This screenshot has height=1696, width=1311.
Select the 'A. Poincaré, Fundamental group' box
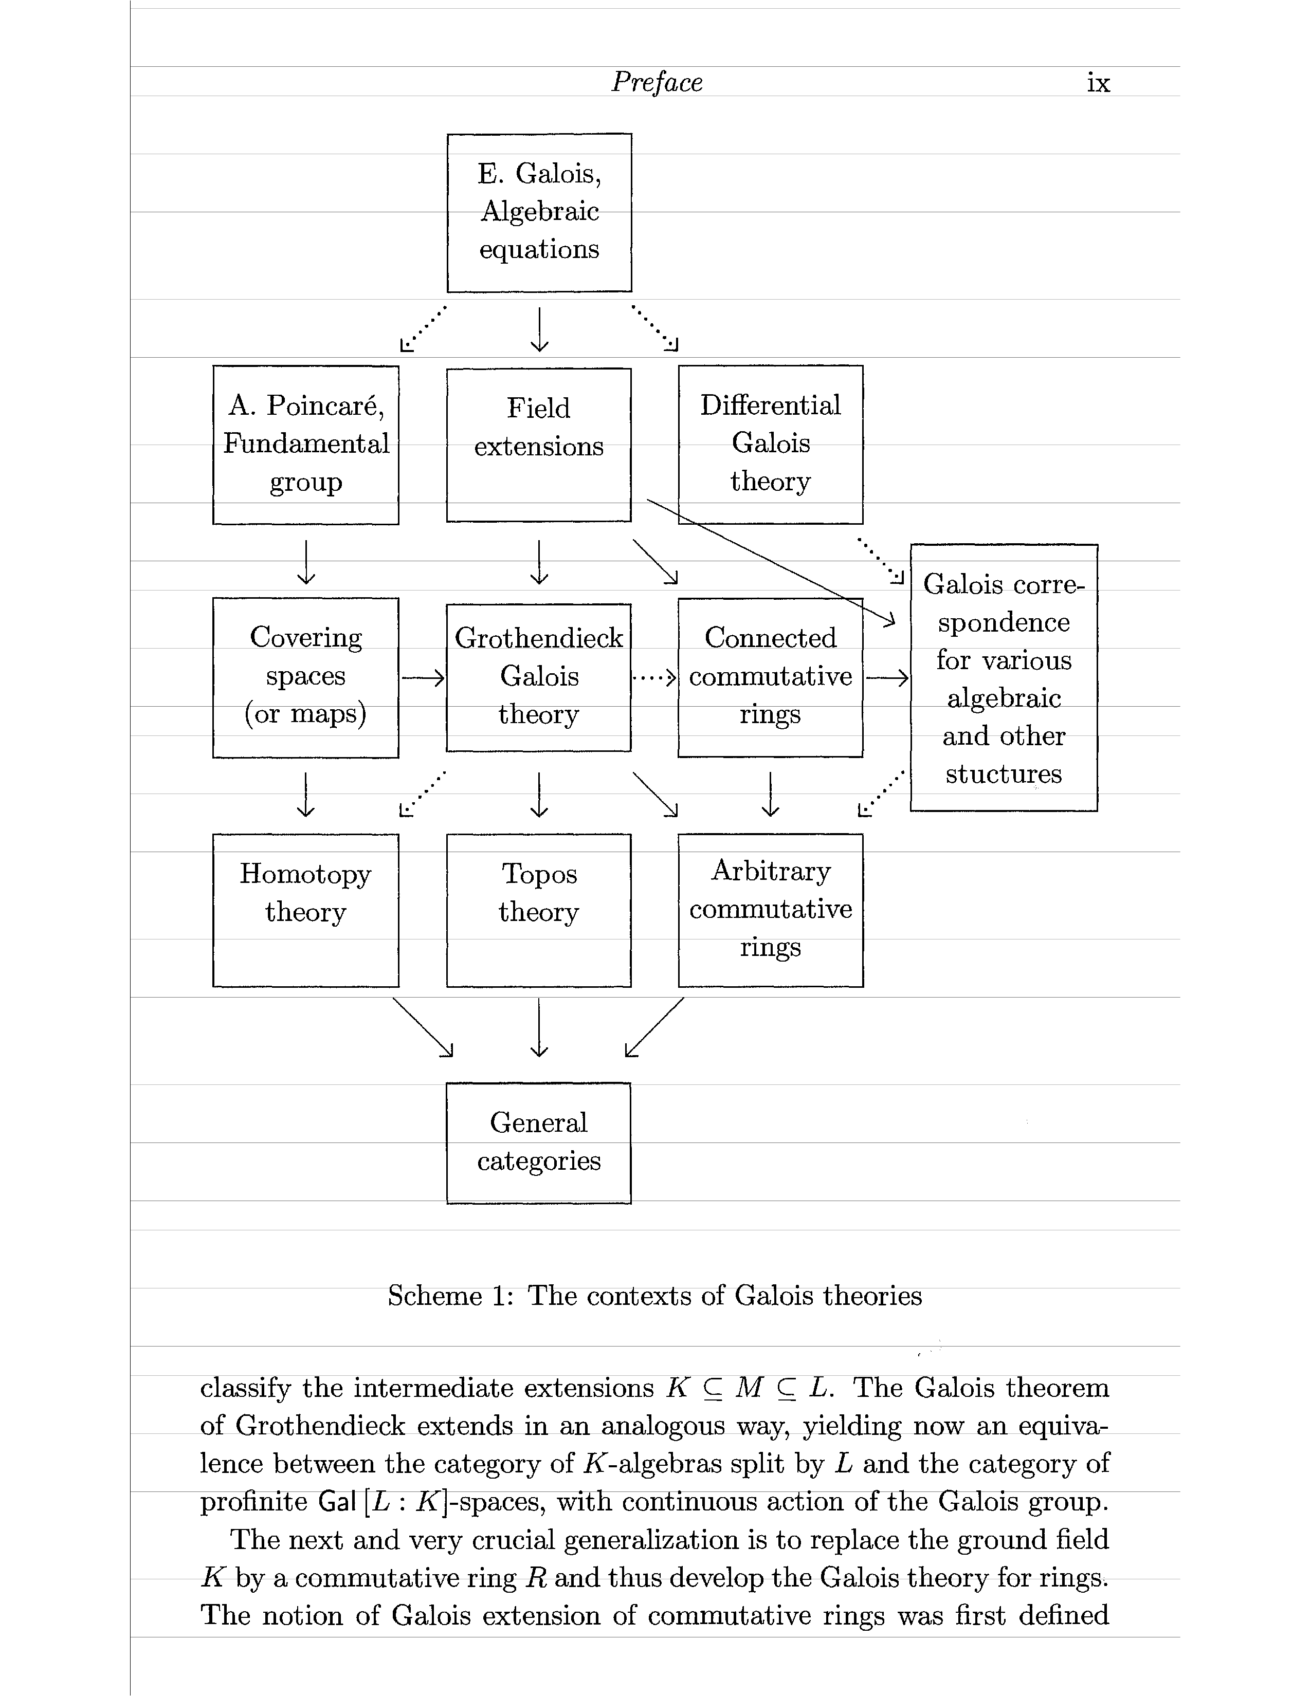point(306,444)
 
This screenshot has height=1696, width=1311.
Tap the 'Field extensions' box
point(539,444)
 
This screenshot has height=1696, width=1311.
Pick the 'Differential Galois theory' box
point(771,444)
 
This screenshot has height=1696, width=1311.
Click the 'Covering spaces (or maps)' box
point(306,677)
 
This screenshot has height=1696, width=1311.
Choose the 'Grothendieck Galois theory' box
point(539,677)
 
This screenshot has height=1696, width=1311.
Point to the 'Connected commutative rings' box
point(771,677)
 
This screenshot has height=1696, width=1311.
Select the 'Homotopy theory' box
point(306,910)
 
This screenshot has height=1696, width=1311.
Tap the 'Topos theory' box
point(539,910)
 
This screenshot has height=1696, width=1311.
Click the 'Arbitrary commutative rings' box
point(771,910)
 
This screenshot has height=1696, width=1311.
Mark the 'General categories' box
point(539,1142)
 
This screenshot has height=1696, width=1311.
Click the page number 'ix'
point(1098,82)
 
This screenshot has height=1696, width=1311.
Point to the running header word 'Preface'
point(657,82)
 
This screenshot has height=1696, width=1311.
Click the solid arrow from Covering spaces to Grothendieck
point(423,678)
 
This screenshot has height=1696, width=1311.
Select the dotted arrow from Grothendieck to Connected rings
point(654,678)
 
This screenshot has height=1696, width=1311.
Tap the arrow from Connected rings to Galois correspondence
point(887,678)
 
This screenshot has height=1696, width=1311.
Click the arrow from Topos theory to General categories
point(539,1027)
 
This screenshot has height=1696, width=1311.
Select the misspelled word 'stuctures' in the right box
point(1004,774)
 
